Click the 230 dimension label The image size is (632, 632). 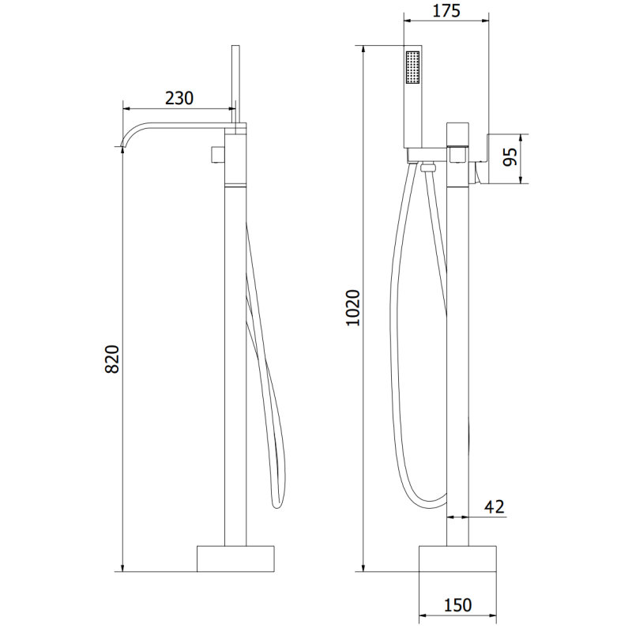179,98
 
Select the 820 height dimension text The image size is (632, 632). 112,359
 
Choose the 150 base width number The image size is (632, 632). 458,605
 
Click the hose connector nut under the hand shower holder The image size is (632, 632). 427,167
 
